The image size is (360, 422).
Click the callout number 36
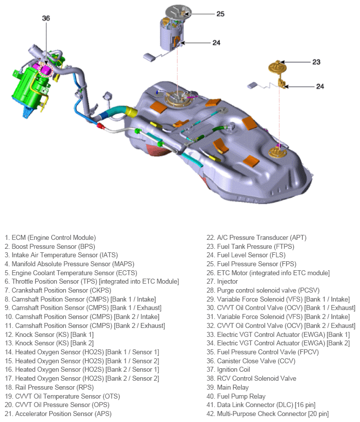46,18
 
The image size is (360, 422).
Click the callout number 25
220,13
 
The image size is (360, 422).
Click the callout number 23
316,62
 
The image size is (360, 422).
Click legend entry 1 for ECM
50,238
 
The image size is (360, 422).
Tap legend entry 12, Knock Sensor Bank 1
49,334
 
